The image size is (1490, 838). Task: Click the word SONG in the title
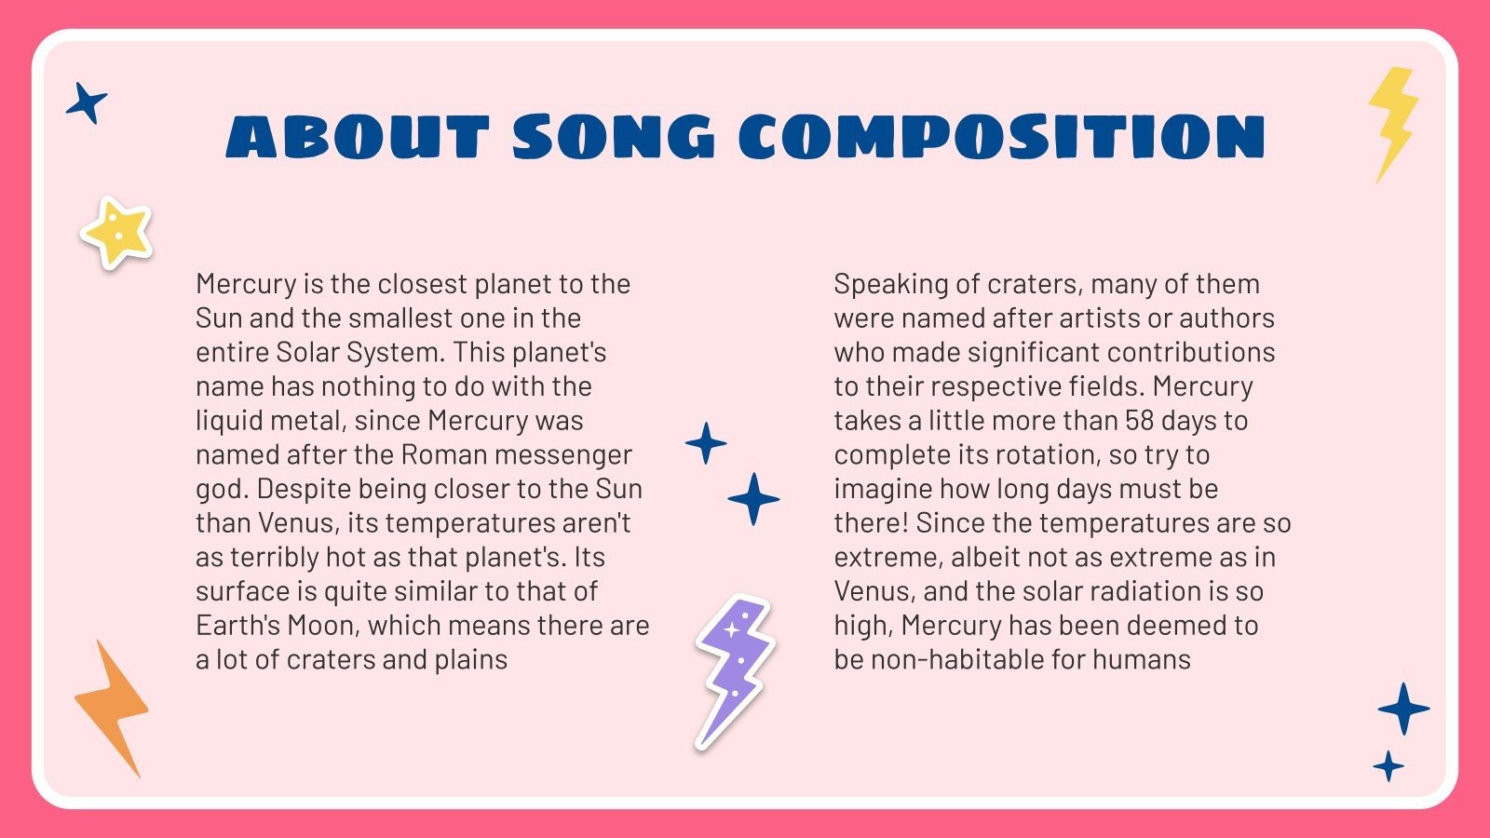(x=613, y=138)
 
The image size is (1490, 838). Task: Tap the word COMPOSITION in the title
(x=1002, y=138)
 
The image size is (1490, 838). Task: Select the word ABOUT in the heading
(x=358, y=138)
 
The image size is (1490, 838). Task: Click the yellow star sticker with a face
(x=116, y=233)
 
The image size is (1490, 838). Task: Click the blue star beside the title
(x=87, y=102)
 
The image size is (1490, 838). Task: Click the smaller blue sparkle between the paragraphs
(x=706, y=443)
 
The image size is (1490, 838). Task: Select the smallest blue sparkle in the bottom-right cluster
(x=1388, y=766)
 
